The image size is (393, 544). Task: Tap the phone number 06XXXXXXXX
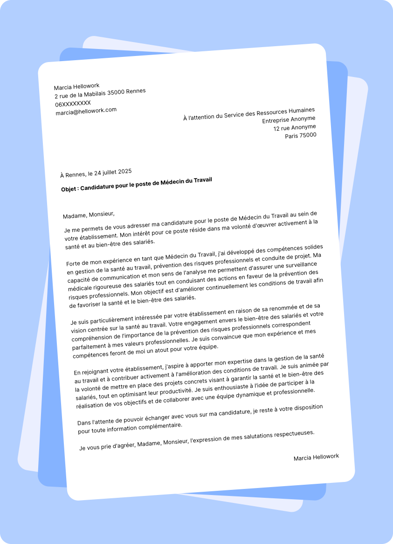tap(73, 103)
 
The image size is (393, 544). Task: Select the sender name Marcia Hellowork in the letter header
tap(77, 87)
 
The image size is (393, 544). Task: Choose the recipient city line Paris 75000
tap(301, 135)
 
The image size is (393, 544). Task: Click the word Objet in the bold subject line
tap(69, 189)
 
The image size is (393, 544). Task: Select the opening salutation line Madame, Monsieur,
tap(89, 215)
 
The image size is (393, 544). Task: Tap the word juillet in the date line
tap(109, 173)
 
